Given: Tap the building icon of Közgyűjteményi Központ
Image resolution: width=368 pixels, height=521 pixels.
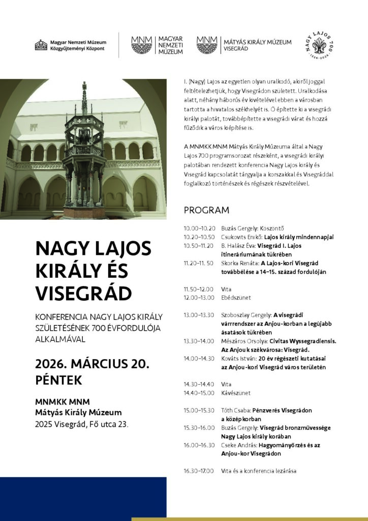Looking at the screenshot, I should tap(41, 45).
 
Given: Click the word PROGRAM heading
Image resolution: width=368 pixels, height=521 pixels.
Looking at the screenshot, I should tap(206, 210).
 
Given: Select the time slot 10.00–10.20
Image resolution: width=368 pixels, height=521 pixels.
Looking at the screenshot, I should tap(199, 228).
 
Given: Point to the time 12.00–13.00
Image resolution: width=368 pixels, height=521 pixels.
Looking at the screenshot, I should tap(199, 298).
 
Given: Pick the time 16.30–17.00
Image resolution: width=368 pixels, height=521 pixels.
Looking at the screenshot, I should tap(199, 471).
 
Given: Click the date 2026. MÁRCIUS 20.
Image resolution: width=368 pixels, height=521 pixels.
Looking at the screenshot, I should tap(91, 364).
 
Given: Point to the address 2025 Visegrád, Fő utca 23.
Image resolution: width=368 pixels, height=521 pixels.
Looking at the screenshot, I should tap(81, 423).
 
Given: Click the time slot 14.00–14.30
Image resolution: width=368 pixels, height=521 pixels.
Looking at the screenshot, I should tap(199, 358).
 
